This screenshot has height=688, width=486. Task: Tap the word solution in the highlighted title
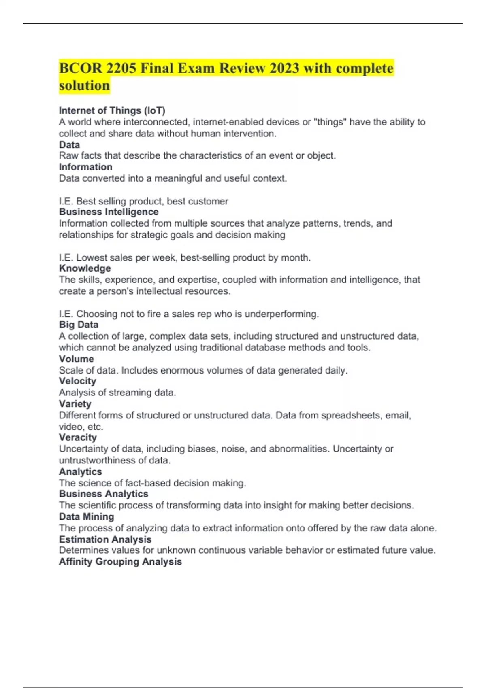click(84, 85)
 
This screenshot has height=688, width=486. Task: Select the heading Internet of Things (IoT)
click(112, 110)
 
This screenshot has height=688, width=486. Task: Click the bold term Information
click(85, 167)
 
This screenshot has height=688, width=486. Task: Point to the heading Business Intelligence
click(109, 212)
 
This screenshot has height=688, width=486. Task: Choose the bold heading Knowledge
click(85, 268)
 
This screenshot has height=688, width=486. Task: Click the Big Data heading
click(79, 325)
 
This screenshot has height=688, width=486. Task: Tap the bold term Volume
click(76, 359)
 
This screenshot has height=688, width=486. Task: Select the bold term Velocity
click(77, 381)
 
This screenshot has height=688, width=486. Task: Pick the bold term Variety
click(75, 403)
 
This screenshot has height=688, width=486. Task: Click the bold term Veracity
click(78, 437)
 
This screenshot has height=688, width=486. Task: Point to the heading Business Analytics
click(103, 494)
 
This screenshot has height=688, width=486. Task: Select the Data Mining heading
click(86, 516)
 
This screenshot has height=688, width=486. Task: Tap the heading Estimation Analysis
click(105, 539)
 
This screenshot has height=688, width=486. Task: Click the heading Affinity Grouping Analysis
click(120, 561)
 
